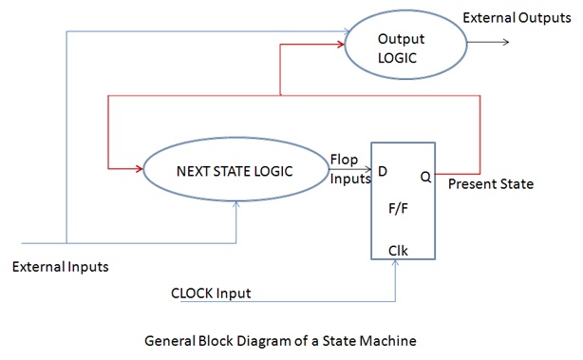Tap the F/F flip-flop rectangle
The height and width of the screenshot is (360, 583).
[x=403, y=202]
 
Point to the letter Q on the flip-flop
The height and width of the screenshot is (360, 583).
[x=425, y=176]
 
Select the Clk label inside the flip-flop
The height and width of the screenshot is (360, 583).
[x=399, y=252]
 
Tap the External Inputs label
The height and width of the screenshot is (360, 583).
[x=60, y=267]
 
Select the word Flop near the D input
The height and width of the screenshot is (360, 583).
[x=345, y=159]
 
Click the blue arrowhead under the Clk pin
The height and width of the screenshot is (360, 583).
[x=395, y=265]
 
